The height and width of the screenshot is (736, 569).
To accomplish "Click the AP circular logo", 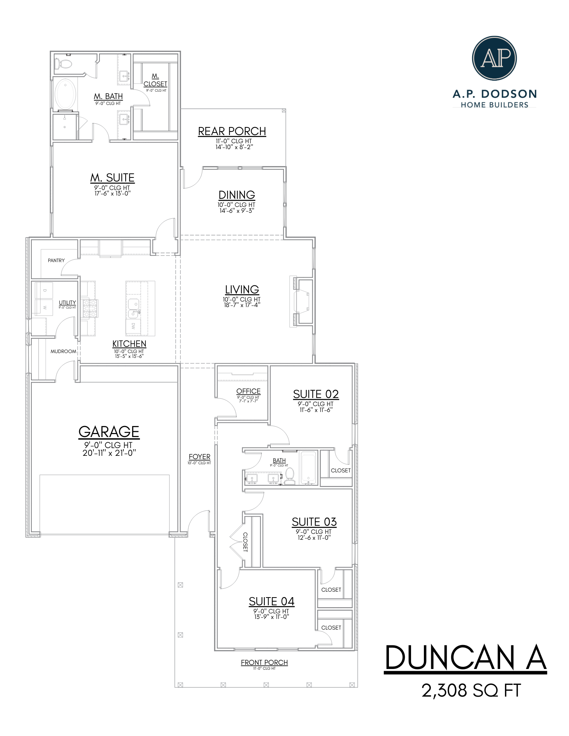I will pyautogui.click(x=494, y=58).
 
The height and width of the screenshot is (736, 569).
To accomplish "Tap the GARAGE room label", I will pyautogui.click(x=109, y=432).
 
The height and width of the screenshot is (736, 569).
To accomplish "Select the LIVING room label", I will pyautogui.click(x=242, y=290).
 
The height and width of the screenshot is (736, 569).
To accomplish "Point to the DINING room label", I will pyautogui.click(x=237, y=195).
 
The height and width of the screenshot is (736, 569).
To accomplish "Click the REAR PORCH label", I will pyautogui.click(x=232, y=131).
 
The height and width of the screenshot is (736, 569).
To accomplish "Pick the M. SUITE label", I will pyautogui.click(x=112, y=178).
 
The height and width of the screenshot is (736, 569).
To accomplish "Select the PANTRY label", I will pyautogui.click(x=56, y=260).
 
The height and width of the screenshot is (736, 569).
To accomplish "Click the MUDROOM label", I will pyautogui.click(x=63, y=351).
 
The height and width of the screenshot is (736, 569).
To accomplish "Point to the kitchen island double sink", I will pyautogui.click(x=133, y=309).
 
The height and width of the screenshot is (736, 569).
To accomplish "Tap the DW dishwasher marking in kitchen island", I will pyautogui.click(x=133, y=326).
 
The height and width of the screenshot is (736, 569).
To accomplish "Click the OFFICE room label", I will pyautogui.click(x=248, y=391).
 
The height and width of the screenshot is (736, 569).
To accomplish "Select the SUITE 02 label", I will pyautogui.click(x=316, y=394).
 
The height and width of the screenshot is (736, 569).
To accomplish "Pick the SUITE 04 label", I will pyautogui.click(x=271, y=602).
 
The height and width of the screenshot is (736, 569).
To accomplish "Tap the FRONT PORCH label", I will pyautogui.click(x=264, y=662).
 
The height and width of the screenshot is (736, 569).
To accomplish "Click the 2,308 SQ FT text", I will pyautogui.click(x=471, y=691).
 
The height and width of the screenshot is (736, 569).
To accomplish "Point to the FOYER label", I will pyautogui.click(x=199, y=457).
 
